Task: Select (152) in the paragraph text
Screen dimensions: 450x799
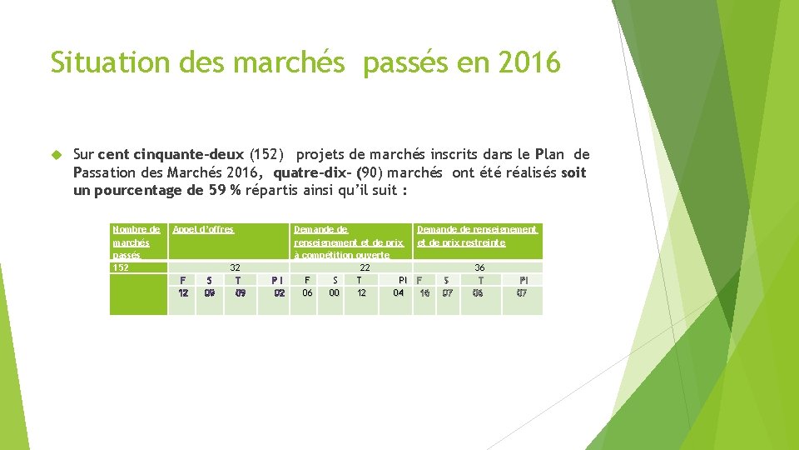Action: pos(268,154)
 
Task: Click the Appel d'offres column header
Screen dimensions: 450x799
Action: pos(203,229)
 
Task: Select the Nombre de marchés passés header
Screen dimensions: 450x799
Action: pos(136,242)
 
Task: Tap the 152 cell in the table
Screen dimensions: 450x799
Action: pos(121,267)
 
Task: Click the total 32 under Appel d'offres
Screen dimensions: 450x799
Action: pos(235,267)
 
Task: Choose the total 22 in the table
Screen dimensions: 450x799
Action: pos(365,267)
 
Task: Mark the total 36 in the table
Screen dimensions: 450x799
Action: pos(479,267)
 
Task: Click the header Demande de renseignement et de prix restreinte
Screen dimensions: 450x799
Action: pos(477,236)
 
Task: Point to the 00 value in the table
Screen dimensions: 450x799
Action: pos(334,292)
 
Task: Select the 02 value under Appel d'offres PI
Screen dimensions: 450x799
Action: pos(280,292)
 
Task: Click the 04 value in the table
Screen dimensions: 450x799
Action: pos(399,292)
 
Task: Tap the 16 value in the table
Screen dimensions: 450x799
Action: pos(425,292)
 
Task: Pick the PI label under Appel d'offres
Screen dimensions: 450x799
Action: pos(278,280)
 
